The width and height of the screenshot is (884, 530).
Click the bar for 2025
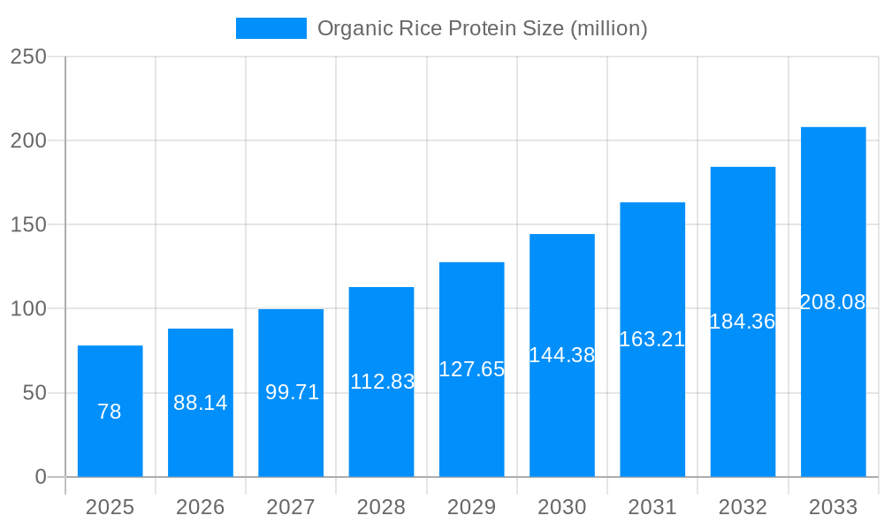click(110, 411)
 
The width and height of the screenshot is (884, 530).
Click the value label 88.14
click(201, 403)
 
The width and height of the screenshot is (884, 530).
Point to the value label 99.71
click(292, 392)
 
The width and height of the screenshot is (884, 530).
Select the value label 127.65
click(471, 369)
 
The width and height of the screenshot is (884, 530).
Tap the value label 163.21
click(652, 339)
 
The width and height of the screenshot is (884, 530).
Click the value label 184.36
click(743, 322)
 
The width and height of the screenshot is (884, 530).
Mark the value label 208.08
click(833, 302)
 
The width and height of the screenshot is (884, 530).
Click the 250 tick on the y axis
click(28, 57)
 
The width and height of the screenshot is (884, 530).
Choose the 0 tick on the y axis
click(41, 477)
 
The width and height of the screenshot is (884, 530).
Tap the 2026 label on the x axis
click(201, 507)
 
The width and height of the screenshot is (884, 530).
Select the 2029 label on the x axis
click(471, 507)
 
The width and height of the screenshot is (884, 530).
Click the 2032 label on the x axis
click(743, 507)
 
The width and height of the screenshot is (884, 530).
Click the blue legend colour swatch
click(271, 28)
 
